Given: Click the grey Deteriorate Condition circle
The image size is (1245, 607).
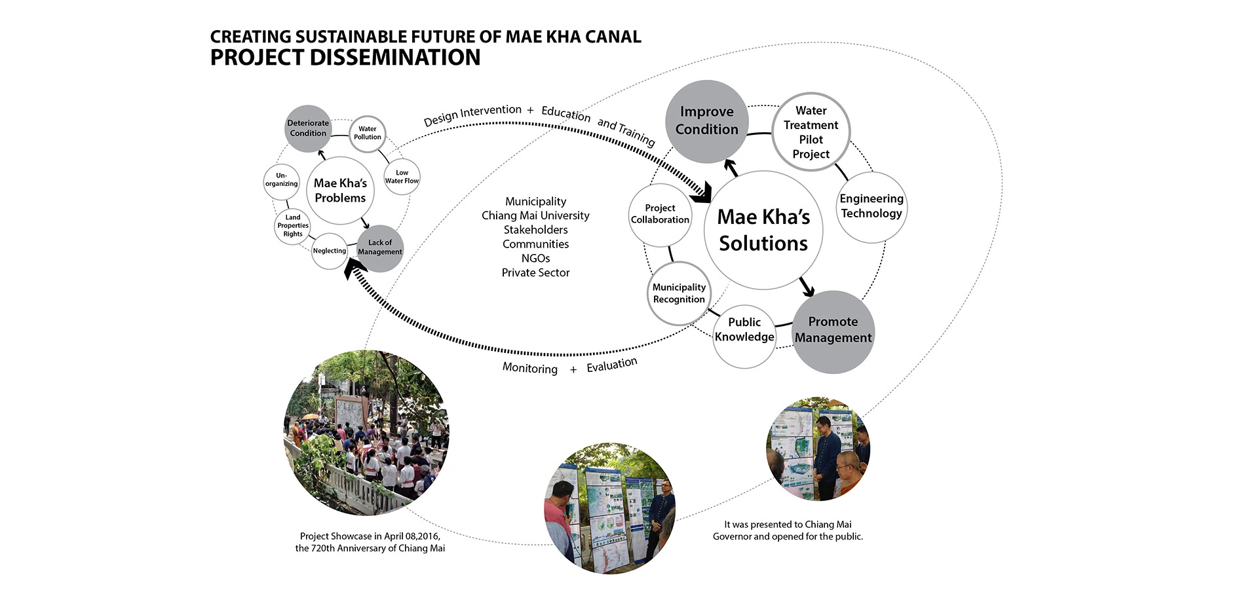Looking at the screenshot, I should coord(308,128).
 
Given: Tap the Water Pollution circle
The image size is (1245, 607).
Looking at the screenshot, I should coord(367,134).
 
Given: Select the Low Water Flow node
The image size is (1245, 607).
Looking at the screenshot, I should coord(402,177).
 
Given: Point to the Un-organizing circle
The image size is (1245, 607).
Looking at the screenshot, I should coord(282,180).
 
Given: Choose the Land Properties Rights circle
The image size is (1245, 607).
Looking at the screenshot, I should coord(292,226).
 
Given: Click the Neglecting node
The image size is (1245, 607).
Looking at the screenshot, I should coord(329,251).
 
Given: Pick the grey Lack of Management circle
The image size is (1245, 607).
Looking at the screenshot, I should coord(380,248).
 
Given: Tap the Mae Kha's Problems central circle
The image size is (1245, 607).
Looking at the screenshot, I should coord(340,191).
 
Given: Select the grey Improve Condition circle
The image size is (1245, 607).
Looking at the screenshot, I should coord(706,122).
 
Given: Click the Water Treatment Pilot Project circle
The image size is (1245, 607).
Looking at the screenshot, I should coord(811,132).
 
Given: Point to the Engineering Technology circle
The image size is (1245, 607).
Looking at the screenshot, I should coord(871,206).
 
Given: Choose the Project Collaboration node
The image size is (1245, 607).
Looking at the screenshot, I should coord(660,214).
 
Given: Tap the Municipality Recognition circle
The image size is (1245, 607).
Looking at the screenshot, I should coord(679,293).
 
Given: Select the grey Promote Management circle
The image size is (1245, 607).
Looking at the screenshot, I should coord(833,331).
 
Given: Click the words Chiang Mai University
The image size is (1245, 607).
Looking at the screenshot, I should coord(535,215).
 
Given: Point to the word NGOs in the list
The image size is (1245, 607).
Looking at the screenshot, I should coord(535,259).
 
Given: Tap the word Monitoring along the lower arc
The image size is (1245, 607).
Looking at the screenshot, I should coord(529,368).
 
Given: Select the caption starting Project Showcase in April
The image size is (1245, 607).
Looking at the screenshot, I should coord(370,542).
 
